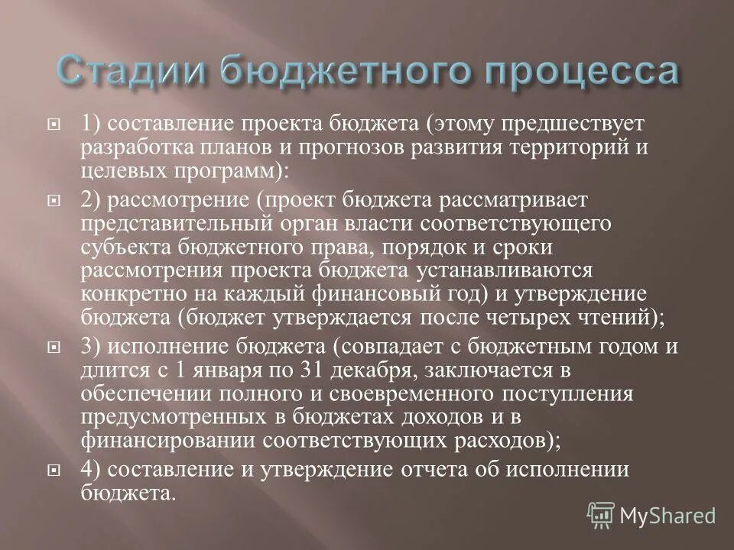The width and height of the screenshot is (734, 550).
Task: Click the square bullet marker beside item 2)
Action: pos(53,200)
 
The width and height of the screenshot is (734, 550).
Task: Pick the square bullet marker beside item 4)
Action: pos(53,471)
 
